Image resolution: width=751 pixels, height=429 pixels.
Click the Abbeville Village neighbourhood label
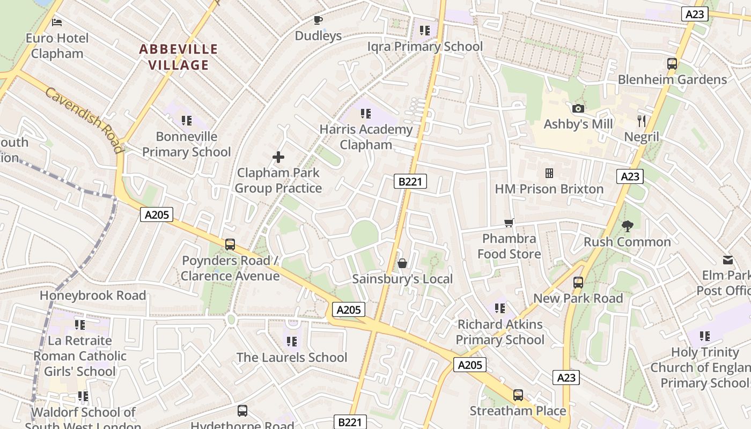178,57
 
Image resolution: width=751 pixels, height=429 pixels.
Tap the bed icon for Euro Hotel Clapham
57,22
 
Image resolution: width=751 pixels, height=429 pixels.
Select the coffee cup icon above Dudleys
318,20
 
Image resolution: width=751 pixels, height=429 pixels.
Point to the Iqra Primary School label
425,47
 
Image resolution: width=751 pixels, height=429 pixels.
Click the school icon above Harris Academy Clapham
366,113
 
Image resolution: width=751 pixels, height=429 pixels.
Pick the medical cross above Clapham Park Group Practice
278,157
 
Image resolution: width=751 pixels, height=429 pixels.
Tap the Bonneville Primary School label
186,144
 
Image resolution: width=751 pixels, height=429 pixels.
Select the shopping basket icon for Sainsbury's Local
402,263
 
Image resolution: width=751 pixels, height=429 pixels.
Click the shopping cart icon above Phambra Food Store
509,223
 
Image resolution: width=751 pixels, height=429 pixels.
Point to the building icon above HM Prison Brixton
549,173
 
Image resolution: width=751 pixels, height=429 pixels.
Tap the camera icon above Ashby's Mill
578,108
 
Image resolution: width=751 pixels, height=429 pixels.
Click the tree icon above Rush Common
627,226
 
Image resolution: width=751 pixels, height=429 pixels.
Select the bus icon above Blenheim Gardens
672,64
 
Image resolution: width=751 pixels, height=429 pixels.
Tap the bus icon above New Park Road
578,282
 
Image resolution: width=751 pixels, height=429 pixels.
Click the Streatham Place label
518,411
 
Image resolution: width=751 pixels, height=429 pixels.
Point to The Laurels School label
292,357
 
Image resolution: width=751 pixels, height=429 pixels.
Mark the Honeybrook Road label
93,295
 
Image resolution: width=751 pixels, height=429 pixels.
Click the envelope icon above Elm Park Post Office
728,260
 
